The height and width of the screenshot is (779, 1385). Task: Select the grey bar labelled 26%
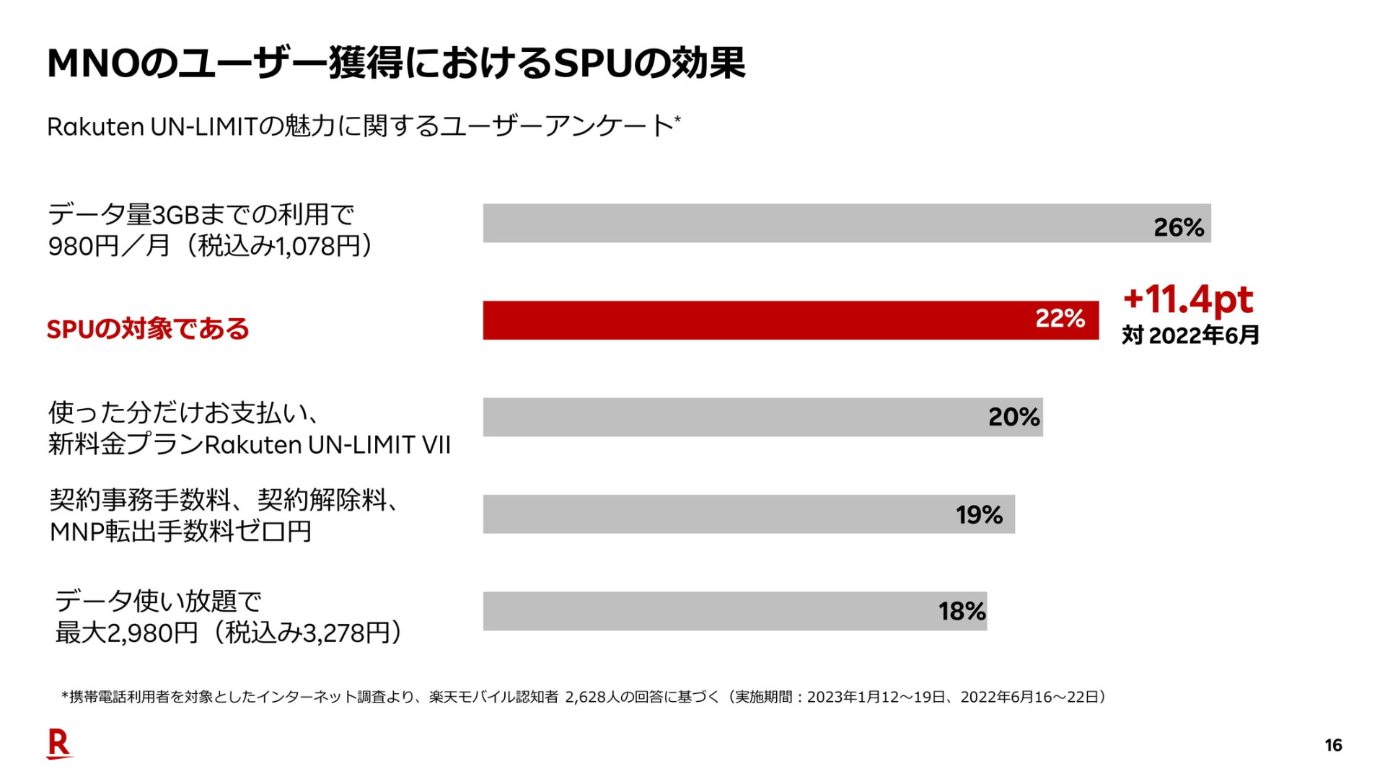tap(815, 224)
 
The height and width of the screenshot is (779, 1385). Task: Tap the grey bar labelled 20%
tap(729, 417)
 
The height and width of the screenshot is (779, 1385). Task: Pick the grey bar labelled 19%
tap(714, 514)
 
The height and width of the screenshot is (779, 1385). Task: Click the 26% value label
tap(1179, 228)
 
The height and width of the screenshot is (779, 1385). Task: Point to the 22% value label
tap(1060, 318)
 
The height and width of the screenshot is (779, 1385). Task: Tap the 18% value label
tap(962, 612)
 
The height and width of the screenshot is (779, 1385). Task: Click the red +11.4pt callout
tap(1188, 299)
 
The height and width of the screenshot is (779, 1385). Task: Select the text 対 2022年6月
tap(1190, 335)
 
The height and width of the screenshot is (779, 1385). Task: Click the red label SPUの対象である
tap(148, 330)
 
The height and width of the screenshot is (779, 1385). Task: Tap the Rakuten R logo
tap(58, 744)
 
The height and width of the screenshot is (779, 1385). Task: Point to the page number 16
tap(1333, 746)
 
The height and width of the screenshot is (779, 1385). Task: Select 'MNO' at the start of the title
tap(92, 63)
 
